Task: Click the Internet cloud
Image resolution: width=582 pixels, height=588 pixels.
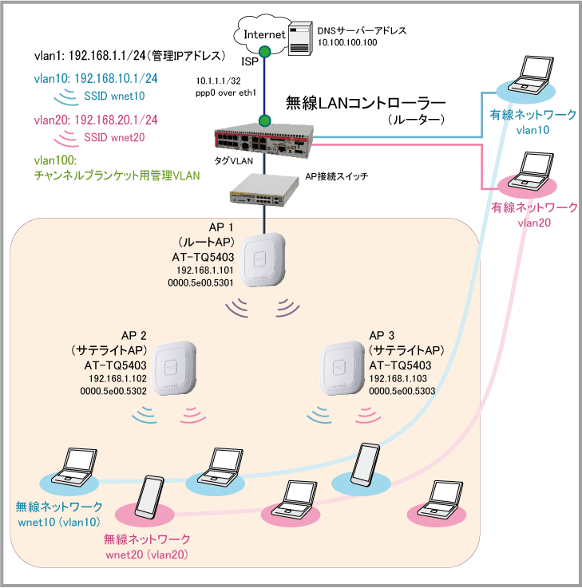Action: pyautogui.click(x=264, y=34)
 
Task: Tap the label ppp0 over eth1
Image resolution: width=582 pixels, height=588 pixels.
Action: pyautogui.click(x=221, y=92)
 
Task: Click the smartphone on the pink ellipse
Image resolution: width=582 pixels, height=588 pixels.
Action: pyautogui.click(x=151, y=499)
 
